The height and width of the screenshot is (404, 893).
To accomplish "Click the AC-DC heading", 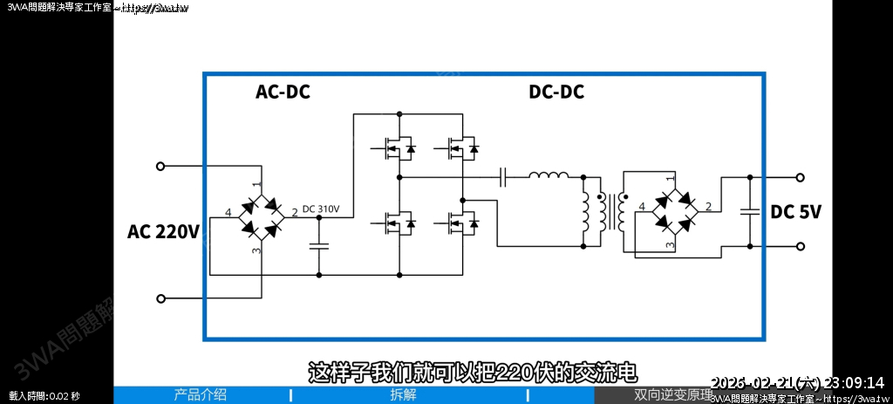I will [x=283, y=92].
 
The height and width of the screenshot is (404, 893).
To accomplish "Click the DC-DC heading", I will [x=556, y=92].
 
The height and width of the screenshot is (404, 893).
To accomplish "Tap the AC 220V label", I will [x=164, y=231].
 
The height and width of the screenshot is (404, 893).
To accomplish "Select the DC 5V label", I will [x=796, y=212].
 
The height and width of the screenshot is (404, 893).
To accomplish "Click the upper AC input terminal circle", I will [x=160, y=166].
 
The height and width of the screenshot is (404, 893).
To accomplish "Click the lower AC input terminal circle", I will [x=160, y=298].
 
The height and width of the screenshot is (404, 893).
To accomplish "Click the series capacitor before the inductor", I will [x=503, y=177].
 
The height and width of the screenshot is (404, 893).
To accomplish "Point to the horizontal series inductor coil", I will [x=549, y=176].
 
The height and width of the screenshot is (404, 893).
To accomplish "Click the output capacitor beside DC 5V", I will [x=749, y=211].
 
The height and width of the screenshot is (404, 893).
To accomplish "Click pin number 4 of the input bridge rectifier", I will [x=228, y=213].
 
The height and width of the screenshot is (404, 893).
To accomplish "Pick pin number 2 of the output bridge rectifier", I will [x=708, y=208].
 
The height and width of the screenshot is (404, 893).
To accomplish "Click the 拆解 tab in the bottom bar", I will [x=403, y=395].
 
